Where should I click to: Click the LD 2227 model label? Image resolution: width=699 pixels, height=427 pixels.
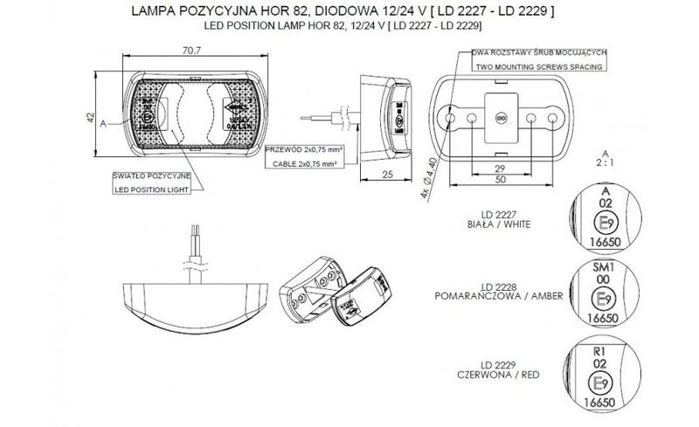pos(507,215)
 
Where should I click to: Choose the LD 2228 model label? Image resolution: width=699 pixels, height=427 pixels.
pos(507,288)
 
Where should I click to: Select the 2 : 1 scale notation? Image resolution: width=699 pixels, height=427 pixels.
pos(603,162)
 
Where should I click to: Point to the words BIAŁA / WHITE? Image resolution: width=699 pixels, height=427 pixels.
pos(507,224)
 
